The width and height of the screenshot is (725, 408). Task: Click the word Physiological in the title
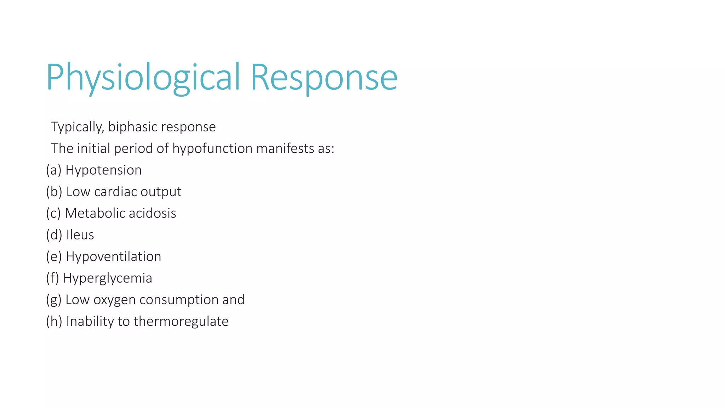coord(143,77)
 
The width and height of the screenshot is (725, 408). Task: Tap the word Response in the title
coord(324,77)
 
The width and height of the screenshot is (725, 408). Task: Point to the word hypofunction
coord(212,149)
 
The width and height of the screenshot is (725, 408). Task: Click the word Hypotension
coord(103,170)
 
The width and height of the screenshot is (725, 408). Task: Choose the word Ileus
coord(80,235)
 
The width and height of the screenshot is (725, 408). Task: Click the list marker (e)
coord(54,257)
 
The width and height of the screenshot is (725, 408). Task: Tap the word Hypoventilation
coord(113,257)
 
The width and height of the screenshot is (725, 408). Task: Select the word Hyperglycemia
coord(108,278)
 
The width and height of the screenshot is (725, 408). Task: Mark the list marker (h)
coord(54,322)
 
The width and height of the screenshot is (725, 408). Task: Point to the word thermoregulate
coord(181,322)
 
